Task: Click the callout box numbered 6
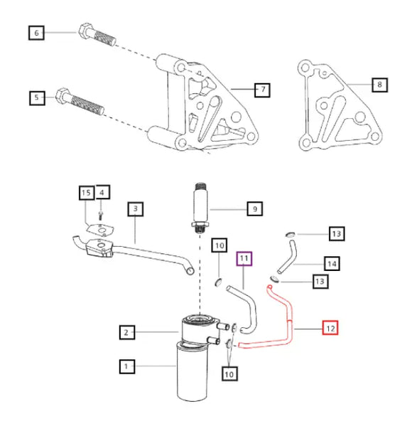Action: coord(36,33)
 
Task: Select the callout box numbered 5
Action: coord(36,97)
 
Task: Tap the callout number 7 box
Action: coord(262,90)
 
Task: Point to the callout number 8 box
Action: coord(379,85)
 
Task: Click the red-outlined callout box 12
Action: coord(330,328)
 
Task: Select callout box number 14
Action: coord(330,263)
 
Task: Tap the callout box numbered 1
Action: coord(126,367)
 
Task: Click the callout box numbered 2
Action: coord(126,332)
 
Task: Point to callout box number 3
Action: coord(136,209)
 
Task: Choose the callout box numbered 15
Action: coord(86,193)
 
